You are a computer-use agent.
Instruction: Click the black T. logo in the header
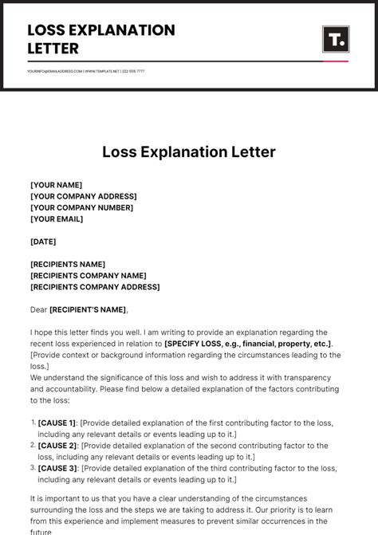click(335, 39)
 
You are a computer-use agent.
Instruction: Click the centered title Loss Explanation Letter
click(189, 151)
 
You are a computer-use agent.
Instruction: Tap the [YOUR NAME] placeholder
click(56, 185)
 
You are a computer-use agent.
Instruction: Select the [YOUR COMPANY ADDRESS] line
click(83, 196)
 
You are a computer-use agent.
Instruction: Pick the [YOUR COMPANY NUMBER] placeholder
click(81, 207)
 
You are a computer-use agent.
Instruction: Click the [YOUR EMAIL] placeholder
click(57, 218)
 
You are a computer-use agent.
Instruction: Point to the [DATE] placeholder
click(43, 242)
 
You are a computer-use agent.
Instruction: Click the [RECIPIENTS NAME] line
click(68, 264)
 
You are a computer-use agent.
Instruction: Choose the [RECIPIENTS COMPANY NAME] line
click(88, 276)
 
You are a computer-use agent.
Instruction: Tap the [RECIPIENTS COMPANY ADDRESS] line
click(95, 287)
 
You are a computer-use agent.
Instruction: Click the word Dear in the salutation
click(38, 309)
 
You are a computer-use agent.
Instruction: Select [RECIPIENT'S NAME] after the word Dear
click(88, 309)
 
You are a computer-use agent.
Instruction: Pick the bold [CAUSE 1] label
click(57, 423)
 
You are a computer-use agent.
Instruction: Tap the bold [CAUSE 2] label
click(57, 446)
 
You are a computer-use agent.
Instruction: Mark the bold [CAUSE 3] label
click(57, 468)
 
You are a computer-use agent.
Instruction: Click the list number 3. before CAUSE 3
click(33, 468)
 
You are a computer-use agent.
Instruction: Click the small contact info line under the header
click(86, 71)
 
